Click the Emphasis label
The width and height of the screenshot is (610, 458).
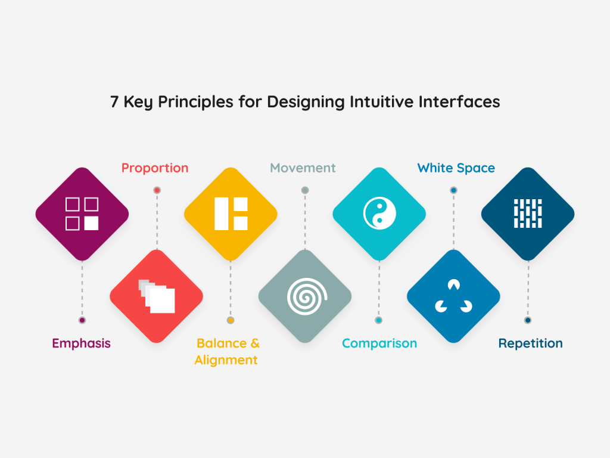pos(82,343)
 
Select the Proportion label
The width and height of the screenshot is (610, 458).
pos(155,168)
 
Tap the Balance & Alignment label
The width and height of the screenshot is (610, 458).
pos(228,351)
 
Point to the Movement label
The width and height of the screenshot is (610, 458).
pos(303,168)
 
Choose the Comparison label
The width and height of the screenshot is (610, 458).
pos(379,343)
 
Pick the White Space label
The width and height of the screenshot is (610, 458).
pos(456,168)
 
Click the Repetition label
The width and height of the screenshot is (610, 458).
pos(530,343)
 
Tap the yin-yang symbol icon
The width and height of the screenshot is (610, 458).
pos(379,213)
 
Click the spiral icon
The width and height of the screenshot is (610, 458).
pos(305,296)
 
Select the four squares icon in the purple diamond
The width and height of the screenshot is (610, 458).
pos(82,213)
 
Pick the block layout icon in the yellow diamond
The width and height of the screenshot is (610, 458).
pos(231,213)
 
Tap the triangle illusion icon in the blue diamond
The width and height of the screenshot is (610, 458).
pos(453,296)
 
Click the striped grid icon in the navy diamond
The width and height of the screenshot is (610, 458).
pos(528,213)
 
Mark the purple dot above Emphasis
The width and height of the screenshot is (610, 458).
pos(82,320)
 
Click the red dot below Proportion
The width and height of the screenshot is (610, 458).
pos(157,190)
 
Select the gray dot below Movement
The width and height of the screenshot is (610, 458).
pos(305,190)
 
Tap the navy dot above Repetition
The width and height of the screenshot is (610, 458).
pos(528,320)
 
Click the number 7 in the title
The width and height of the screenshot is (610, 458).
pos(114,102)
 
